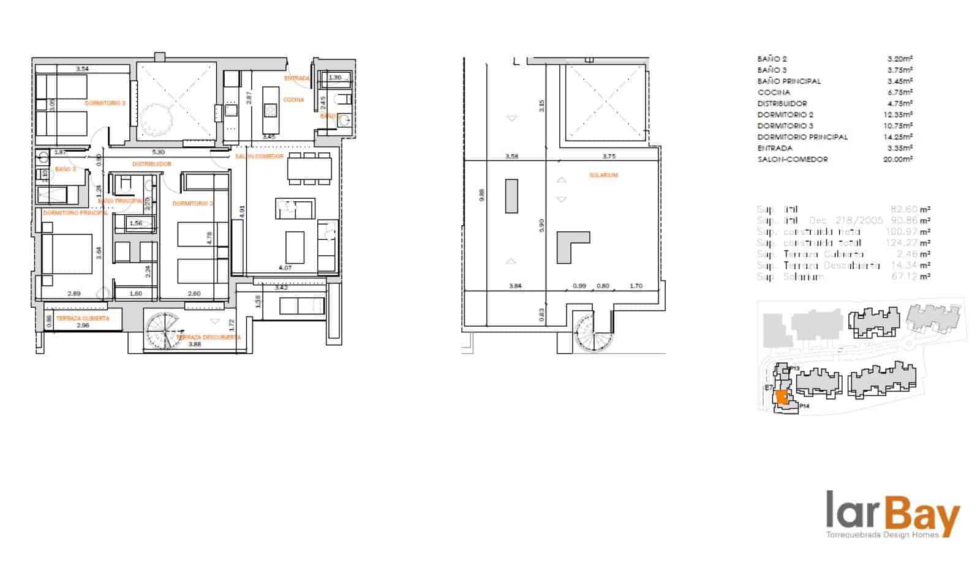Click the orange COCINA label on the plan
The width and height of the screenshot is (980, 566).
[293, 100]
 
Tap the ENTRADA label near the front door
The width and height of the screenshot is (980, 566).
[296, 78]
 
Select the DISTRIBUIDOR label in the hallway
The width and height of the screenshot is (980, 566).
[151, 164]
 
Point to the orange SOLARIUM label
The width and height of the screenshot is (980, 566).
[603, 176]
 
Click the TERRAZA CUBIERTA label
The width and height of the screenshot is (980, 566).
[83, 318]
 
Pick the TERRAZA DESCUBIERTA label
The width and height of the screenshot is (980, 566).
[208, 337]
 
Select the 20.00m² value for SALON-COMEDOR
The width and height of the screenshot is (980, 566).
[900, 159]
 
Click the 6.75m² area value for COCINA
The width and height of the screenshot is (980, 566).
[900, 92]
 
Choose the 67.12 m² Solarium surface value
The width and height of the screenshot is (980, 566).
[910, 277]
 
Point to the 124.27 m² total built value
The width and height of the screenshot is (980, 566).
[908, 243]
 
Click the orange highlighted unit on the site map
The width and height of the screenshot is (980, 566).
[781, 397]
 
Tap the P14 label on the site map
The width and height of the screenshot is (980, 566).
[804, 406]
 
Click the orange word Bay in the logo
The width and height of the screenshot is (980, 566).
[924, 515]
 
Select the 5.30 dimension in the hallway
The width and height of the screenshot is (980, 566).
[158, 152]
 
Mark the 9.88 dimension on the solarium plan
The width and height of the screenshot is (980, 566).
[481, 195]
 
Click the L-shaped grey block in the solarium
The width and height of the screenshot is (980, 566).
[570, 246]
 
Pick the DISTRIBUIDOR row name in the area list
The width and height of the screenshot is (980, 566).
[782, 103]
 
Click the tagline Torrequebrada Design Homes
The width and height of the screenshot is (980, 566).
[882, 535]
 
